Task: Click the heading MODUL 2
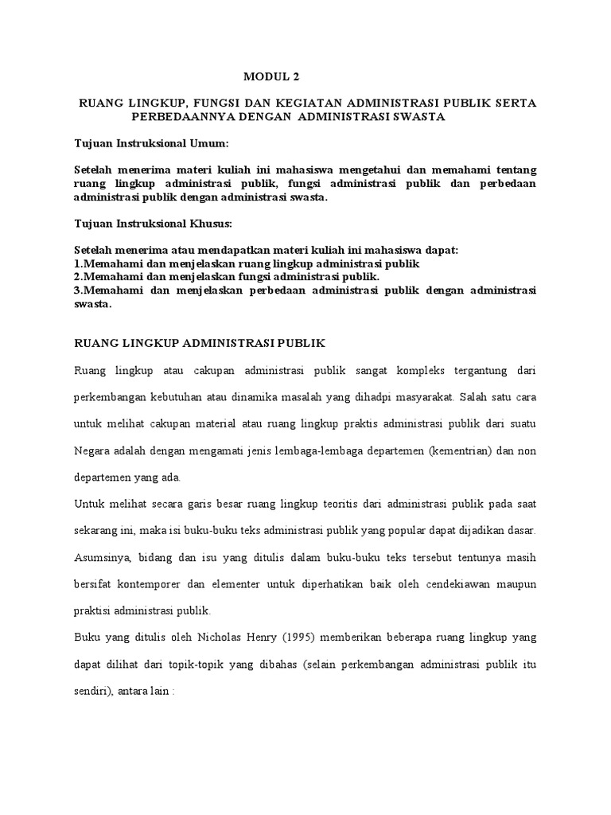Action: (273, 77)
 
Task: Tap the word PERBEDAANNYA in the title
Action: (173, 117)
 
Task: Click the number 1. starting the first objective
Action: (77, 263)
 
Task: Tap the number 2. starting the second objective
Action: (77, 276)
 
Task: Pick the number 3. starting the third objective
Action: (77, 291)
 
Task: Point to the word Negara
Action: (95, 451)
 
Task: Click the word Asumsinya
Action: (101, 556)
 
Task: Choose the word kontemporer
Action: (158, 583)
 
